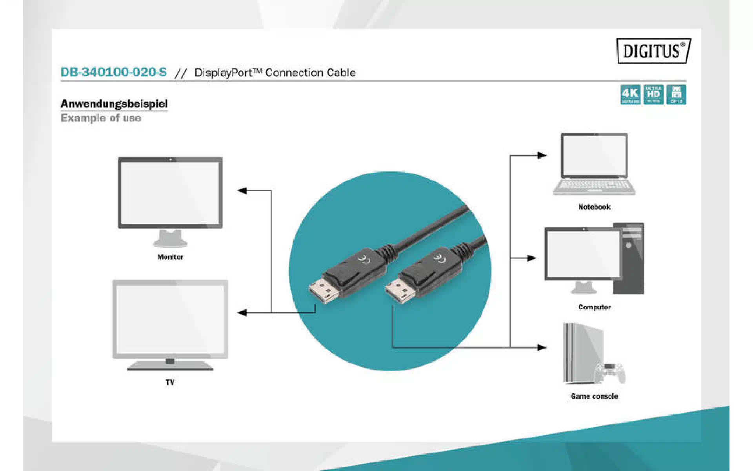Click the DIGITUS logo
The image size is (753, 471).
653,51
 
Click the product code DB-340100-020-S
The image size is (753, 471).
114,72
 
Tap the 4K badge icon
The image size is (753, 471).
630,94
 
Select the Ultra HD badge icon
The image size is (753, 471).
653,94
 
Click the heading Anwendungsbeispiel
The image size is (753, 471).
114,104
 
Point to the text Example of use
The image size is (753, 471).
101,118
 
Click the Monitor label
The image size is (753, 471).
170,257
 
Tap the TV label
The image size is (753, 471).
170,382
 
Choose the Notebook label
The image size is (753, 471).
594,207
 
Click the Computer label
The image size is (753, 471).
594,307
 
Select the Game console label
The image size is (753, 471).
594,396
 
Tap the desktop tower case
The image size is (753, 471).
629,259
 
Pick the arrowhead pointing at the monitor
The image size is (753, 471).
242,191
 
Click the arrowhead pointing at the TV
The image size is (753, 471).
242,312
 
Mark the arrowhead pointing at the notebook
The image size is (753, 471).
542,155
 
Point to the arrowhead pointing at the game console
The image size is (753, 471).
542,347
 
